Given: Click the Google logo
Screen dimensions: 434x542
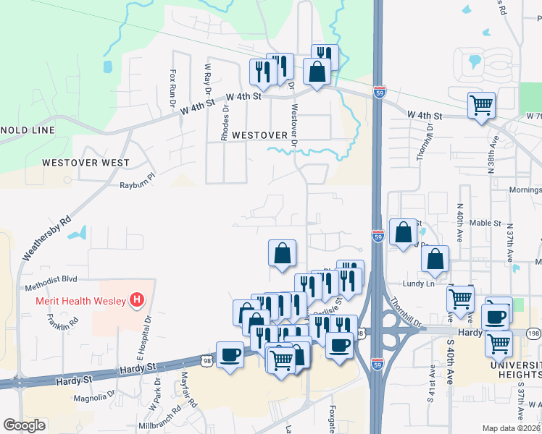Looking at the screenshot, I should point(25,425).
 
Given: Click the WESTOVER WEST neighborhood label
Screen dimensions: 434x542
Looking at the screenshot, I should point(86,163).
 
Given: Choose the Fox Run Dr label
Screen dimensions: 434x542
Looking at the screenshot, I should point(173,88).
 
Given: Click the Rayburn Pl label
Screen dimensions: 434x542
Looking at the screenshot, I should point(138,185).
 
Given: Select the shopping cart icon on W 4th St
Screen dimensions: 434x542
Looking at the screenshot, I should point(480,106).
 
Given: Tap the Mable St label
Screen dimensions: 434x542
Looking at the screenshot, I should point(485,224).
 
